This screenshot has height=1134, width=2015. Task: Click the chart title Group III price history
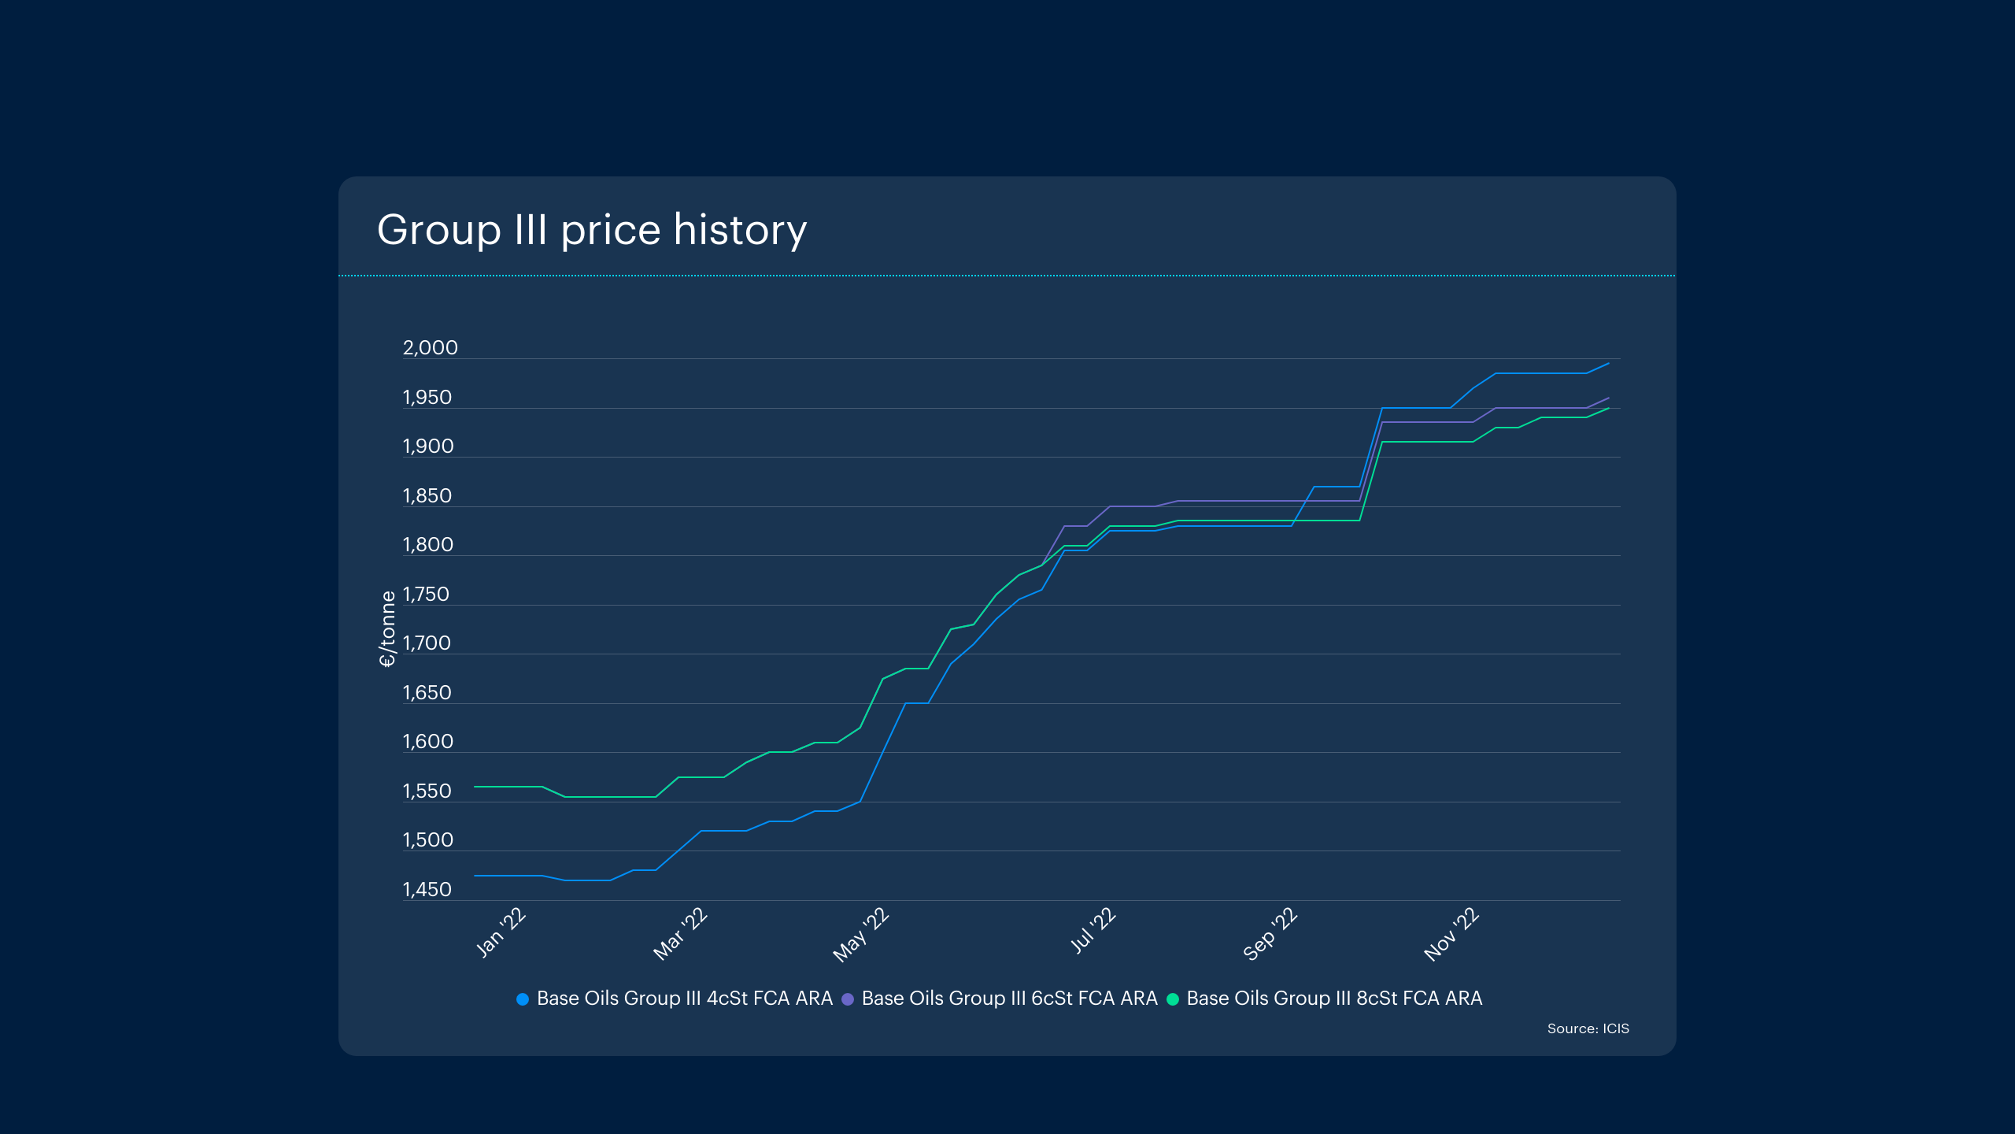(592, 230)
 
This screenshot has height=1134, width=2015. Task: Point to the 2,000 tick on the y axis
(430, 348)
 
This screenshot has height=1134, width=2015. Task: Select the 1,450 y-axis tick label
(427, 890)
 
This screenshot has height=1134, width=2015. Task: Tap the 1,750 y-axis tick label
(426, 595)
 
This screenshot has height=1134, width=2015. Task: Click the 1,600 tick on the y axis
(428, 742)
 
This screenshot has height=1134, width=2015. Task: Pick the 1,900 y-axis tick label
(428, 447)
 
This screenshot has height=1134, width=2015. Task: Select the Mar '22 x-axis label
(681, 934)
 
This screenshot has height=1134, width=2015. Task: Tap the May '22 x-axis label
(861, 935)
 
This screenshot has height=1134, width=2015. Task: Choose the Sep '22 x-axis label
(1270, 934)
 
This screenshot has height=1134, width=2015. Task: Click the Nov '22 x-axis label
(1451, 934)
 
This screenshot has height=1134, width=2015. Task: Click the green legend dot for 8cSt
(1173, 999)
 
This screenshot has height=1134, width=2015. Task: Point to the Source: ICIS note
(1588, 1028)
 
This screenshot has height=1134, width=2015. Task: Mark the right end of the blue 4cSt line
(1608, 364)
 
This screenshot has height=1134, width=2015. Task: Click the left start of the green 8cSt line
(475, 787)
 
